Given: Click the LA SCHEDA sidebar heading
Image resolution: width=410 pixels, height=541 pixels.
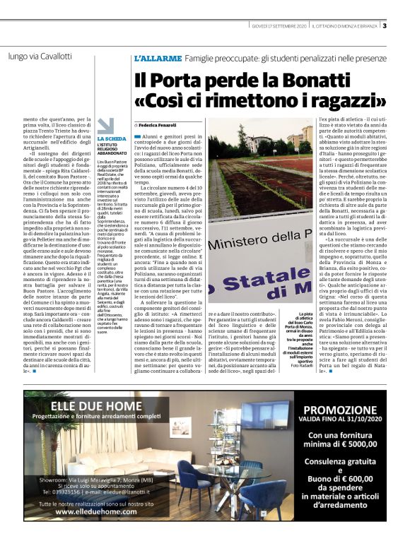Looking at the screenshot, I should click(112, 139).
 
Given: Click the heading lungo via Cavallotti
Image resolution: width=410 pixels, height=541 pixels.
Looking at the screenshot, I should click(40, 55).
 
